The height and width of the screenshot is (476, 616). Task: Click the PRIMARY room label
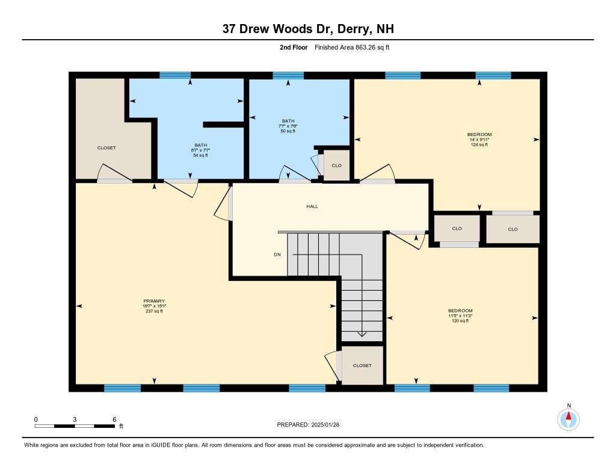pyautogui.click(x=154, y=301)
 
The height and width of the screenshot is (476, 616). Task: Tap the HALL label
pyautogui.click(x=312, y=206)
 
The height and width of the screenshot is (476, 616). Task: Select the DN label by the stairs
pyautogui.click(x=277, y=255)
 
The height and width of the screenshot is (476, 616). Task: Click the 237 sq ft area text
pyautogui.click(x=154, y=311)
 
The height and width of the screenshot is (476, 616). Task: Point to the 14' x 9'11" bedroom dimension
pyautogui.click(x=479, y=140)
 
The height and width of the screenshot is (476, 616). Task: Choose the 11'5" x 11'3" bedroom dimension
pyautogui.click(x=460, y=316)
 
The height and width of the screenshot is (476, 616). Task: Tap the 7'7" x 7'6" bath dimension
pyautogui.click(x=288, y=126)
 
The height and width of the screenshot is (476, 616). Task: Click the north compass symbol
pyautogui.click(x=568, y=418)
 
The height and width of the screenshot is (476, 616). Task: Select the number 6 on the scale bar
pyautogui.click(x=114, y=419)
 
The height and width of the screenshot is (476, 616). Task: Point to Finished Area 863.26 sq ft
pyautogui.click(x=352, y=47)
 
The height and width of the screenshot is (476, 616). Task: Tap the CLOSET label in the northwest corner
pyautogui.click(x=106, y=147)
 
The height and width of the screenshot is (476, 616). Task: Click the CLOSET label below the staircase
pyautogui.click(x=362, y=365)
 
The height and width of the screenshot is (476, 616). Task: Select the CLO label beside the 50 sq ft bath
pyautogui.click(x=336, y=165)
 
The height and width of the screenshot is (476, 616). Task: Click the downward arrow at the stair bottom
pyautogui.click(x=362, y=334)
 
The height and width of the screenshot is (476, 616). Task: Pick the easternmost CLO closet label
pyautogui.click(x=513, y=229)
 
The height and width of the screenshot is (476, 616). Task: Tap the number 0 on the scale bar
pyautogui.click(x=36, y=419)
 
